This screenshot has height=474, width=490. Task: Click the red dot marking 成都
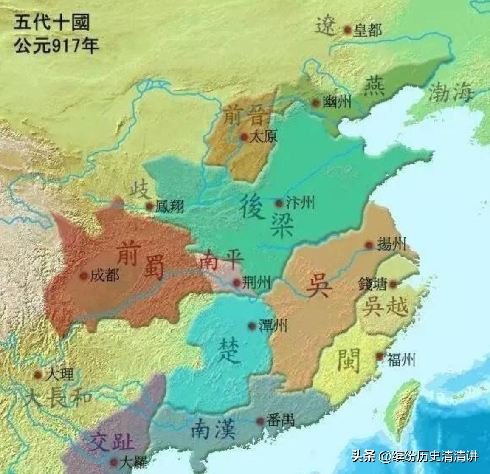pyautogui.click(x=84, y=276)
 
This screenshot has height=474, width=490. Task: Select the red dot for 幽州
pyautogui.click(x=315, y=102)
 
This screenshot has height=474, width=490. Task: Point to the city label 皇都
pyautogui.click(x=368, y=30)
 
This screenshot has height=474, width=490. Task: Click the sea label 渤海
pyautogui.click(x=450, y=92)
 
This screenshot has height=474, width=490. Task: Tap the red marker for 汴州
pyautogui.click(x=279, y=203)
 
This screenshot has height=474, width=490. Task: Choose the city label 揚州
pyautogui.click(x=391, y=245)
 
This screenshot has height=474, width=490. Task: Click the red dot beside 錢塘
pyautogui.click(x=393, y=283)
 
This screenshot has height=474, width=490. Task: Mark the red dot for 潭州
pyautogui.click(x=251, y=326)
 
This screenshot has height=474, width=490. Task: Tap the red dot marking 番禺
pyautogui.click(x=260, y=421)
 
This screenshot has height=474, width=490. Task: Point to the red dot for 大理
pyautogui.click(x=38, y=375)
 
